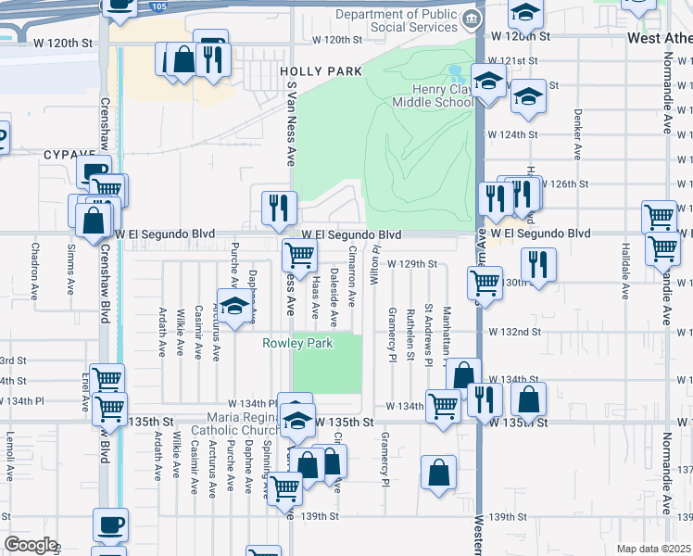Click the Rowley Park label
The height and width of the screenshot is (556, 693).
[x=296, y=343]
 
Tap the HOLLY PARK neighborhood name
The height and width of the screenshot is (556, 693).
[x=308, y=71]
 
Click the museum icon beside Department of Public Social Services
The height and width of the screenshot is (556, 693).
[x=472, y=19]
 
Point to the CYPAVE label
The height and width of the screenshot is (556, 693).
[x=69, y=156]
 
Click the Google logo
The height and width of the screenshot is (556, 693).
[x=31, y=545]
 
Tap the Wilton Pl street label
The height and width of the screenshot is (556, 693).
[x=375, y=263]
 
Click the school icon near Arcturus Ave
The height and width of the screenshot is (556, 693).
[x=237, y=306]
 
